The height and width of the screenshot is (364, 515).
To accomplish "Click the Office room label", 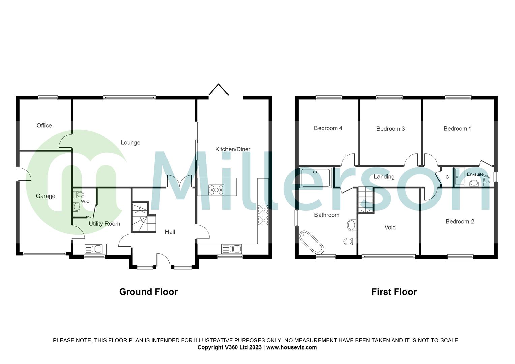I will (x=44, y=126).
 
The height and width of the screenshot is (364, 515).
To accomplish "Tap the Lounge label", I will (x=130, y=143).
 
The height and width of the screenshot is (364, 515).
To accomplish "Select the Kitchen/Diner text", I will (x=233, y=149).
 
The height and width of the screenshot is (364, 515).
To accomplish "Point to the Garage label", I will (x=46, y=196).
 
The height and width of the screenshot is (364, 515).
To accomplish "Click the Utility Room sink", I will (x=93, y=249).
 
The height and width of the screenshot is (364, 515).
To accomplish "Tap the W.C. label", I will (x=86, y=201).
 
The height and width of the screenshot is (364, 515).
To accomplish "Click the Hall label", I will (x=170, y=232).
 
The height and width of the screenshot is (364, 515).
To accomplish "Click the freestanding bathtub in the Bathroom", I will (x=312, y=242).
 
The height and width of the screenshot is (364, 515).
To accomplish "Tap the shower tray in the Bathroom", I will (x=316, y=177).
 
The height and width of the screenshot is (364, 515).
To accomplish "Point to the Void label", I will (x=390, y=227).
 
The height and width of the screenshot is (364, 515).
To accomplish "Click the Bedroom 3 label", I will (x=390, y=129).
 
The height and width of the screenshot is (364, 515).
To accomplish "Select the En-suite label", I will (x=475, y=174).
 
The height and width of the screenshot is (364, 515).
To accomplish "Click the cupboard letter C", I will (x=447, y=177).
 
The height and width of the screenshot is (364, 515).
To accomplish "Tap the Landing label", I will (x=384, y=177).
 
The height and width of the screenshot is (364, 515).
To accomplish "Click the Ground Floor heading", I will (x=148, y=292).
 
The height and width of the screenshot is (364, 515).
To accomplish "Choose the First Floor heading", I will (x=394, y=292).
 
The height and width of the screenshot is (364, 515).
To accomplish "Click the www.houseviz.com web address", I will (x=292, y=347).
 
